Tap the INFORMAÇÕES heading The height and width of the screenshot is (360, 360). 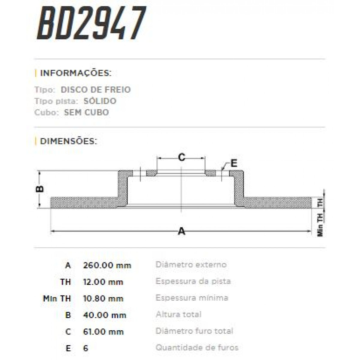coord(76,73)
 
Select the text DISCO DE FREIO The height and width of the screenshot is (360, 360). coord(96,90)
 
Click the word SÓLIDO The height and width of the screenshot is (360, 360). coord(100,101)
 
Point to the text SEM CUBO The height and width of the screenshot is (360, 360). coord(86,113)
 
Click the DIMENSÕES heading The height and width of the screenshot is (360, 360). coord(68,141)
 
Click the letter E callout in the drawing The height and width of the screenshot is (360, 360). coord(234,163)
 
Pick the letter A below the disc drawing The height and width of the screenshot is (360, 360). coord(181,231)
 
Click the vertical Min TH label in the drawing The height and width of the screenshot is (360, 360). coord(320,224)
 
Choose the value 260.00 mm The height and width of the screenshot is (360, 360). coord(107,265)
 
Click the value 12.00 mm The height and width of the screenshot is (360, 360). coord(103,282)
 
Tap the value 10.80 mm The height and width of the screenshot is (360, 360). coord(103,299)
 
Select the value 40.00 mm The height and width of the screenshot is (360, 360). coord(104,315)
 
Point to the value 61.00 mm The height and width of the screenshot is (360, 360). coord(103,332)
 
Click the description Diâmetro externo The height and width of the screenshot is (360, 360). coord(191,265)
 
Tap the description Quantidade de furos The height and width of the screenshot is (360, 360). coord(197,348)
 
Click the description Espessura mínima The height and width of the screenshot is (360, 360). coord(192,298)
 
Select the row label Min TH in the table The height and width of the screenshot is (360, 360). coord(57,299)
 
